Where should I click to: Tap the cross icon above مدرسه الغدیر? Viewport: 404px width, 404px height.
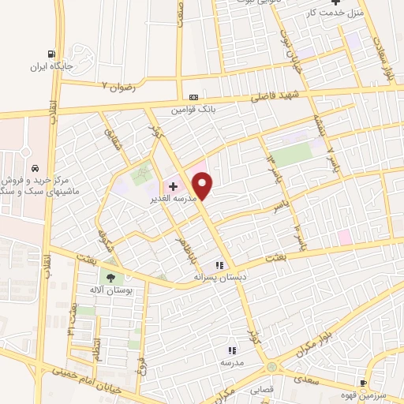173,187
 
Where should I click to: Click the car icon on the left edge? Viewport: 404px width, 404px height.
36,168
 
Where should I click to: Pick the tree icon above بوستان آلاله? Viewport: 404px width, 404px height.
109,277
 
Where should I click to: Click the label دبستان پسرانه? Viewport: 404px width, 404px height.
221,278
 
